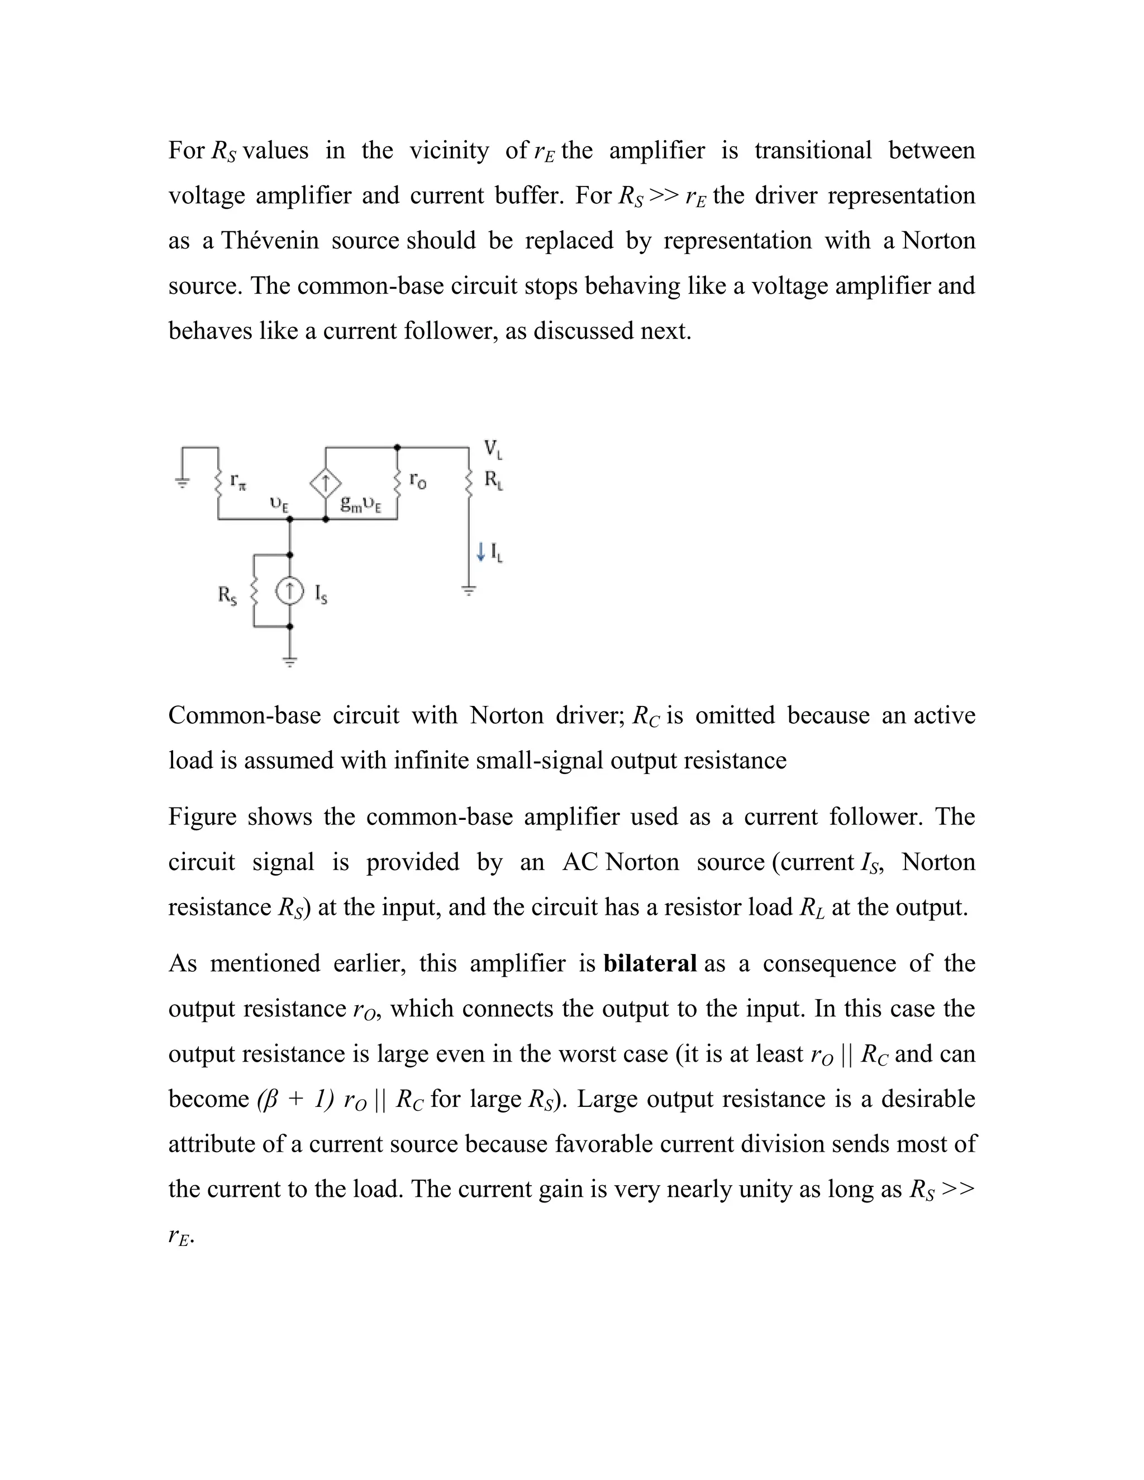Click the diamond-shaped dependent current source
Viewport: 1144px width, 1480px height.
pos(325,483)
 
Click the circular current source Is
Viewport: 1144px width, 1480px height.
pos(289,591)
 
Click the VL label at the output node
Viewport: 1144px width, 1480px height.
pos(493,448)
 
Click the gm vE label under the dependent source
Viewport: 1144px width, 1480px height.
pos(360,504)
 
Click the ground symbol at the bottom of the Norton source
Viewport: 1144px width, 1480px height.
pos(289,662)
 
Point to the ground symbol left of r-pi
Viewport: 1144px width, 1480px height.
pos(182,483)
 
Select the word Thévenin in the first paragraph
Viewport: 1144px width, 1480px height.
pos(270,241)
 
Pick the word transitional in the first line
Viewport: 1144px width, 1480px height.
pos(813,150)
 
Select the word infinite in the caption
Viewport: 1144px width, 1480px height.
pos(430,760)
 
